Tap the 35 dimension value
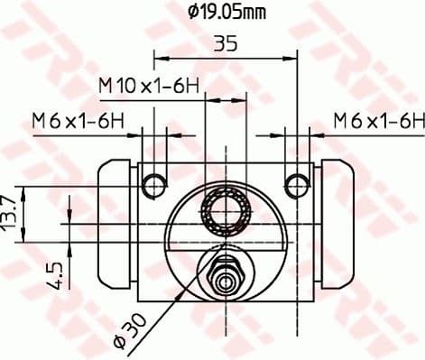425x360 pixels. (226, 42)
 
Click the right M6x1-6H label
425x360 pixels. (377, 118)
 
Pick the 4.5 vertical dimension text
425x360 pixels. (56, 274)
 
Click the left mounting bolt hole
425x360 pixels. (155, 186)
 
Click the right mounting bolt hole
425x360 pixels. (295, 186)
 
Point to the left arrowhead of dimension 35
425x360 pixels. (160, 60)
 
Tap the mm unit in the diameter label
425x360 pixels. (257, 13)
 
